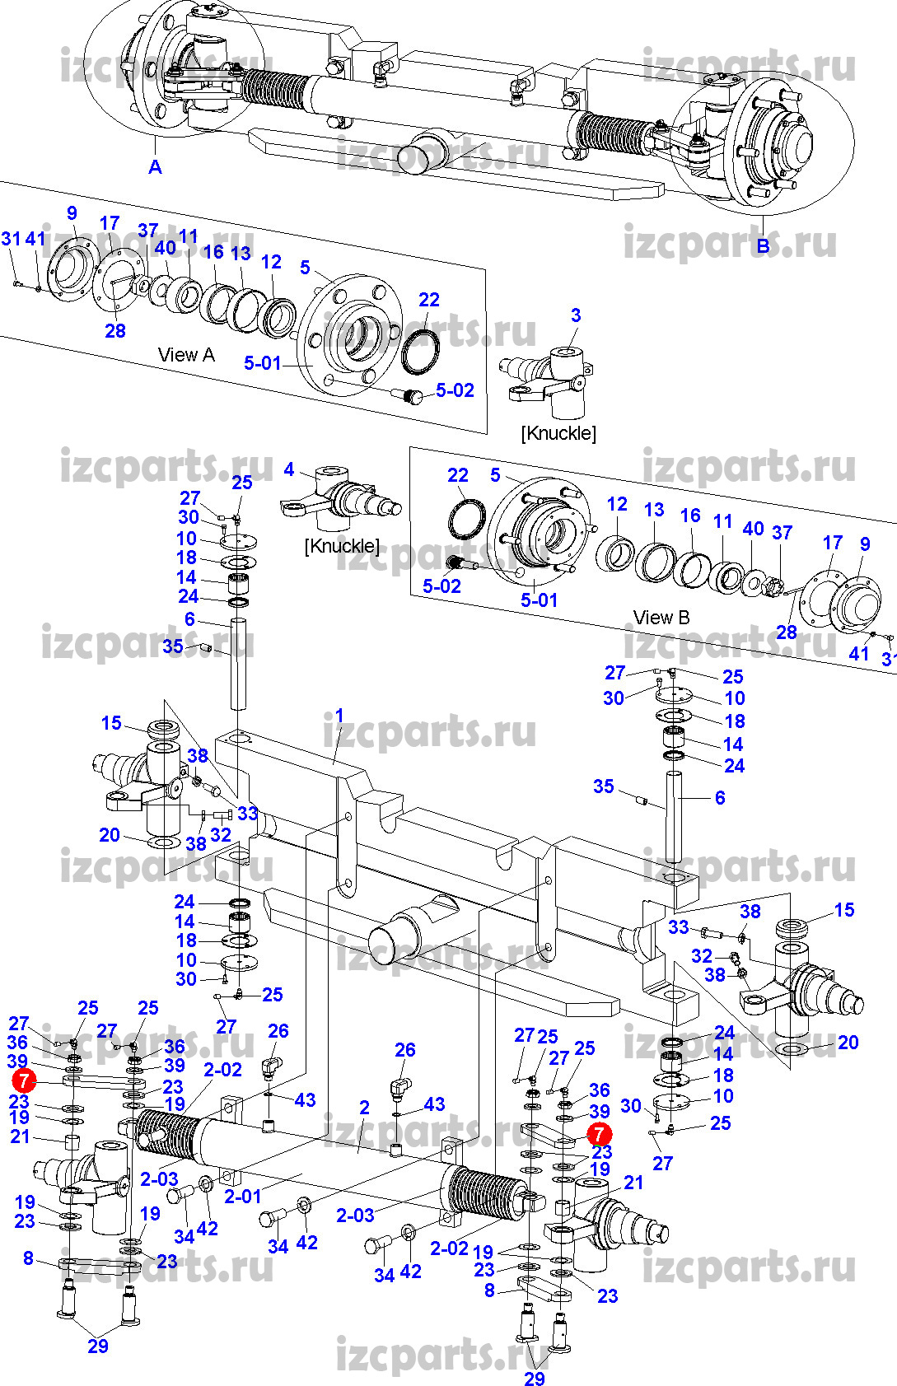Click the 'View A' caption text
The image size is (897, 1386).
point(186,355)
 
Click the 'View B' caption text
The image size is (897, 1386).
point(661,618)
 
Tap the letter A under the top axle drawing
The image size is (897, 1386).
point(155,167)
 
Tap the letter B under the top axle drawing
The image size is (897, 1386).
point(763,245)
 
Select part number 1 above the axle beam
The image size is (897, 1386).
point(339,716)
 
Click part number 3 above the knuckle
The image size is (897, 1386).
point(576,315)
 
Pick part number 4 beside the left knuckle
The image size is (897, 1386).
point(288,469)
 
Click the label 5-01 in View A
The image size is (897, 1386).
point(263,363)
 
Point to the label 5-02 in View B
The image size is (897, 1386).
point(441,586)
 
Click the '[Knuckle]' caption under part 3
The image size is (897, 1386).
point(558,433)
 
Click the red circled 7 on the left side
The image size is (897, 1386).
point(24,1080)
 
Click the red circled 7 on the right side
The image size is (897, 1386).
point(599,1135)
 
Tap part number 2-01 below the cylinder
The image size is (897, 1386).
point(243,1196)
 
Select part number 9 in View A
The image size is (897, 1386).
point(72,213)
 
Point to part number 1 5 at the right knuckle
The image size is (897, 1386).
point(844,910)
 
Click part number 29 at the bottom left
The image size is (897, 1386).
point(98,1346)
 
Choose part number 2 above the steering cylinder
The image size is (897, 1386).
point(364,1108)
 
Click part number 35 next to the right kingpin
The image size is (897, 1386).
point(604,786)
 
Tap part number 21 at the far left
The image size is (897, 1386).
point(20,1136)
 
